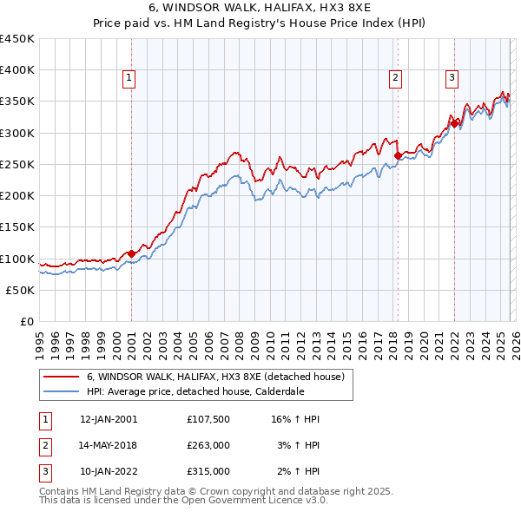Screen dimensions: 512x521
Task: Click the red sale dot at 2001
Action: point(131,253)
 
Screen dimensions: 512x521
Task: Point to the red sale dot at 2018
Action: point(398,156)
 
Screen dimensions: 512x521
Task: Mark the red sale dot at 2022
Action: point(454,123)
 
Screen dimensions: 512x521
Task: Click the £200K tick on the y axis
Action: point(17,196)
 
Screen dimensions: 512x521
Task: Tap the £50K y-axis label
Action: point(21,290)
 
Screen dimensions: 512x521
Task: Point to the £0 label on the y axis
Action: point(28,322)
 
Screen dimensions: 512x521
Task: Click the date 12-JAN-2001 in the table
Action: point(109,419)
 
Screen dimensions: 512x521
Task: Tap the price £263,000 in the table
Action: point(208,445)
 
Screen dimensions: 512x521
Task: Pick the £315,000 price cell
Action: point(208,471)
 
